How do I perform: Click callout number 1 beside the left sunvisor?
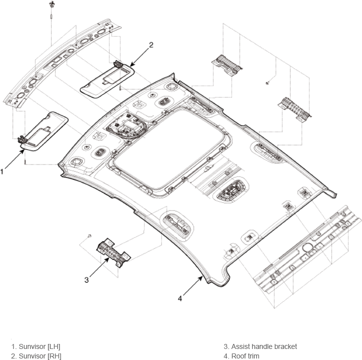point(2,172)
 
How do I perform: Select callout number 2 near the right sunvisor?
point(151,45)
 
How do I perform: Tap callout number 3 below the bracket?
point(86,280)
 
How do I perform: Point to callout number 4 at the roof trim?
point(180,298)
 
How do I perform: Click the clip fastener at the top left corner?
point(52,4)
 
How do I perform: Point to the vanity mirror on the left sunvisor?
point(40,137)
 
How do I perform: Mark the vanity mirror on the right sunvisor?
point(114,76)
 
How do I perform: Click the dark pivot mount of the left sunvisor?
point(23,139)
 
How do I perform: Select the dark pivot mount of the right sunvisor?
point(118,64)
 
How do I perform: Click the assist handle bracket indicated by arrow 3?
point(113,253)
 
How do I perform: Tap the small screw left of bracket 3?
point(90,236)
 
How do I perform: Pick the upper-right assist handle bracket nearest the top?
point(227,64)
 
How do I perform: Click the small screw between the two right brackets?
point(267,82)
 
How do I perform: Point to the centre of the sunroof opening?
point(168,148)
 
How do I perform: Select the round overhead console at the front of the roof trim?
point(126,126)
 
